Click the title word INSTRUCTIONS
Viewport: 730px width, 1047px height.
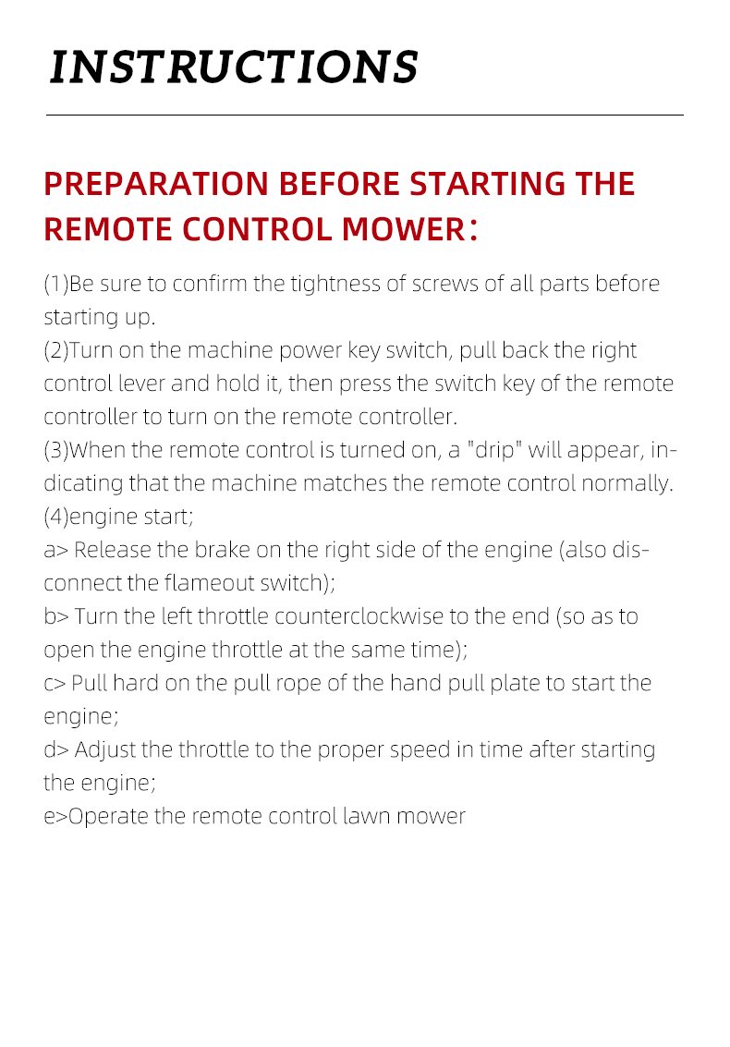point(234,67)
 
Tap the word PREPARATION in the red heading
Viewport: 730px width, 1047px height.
point(156,184)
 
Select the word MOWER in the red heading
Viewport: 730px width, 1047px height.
point(404,230)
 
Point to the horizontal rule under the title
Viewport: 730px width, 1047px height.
point(365,115)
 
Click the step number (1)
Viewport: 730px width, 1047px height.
point(56,285)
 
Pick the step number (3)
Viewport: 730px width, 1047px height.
point(56,451)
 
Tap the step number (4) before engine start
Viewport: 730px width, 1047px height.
point(56,517)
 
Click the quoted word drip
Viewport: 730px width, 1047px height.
point(494,451)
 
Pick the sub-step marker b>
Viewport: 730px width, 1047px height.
point(56,617)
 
